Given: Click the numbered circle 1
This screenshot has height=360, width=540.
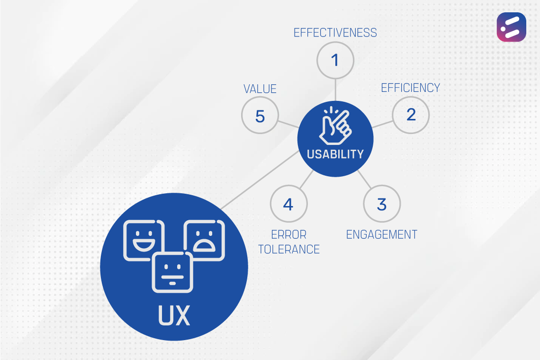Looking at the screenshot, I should tap(335, 60).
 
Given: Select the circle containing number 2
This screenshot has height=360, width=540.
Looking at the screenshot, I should tap(411, 115).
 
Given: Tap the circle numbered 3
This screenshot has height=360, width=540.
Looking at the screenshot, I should tap(382, 204).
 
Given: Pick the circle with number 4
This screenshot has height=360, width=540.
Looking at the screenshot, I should tap(288, 204).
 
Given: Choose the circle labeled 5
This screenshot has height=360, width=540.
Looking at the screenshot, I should tap(260, 116).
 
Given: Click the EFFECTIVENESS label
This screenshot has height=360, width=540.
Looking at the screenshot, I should tap(335, 33).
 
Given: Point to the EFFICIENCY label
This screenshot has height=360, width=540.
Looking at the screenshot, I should tap(411, 88).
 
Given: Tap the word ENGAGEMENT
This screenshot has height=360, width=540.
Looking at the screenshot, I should tap(382, 234).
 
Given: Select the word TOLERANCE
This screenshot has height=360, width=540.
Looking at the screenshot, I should tap(289, 249).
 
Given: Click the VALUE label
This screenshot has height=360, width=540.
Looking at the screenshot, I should tap(260, 89).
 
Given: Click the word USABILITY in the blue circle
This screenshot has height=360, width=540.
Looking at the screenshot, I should tap(335, 154).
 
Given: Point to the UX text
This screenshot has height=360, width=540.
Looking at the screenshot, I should tap(174, 315).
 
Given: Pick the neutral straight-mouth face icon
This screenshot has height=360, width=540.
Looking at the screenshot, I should tap(172, 272).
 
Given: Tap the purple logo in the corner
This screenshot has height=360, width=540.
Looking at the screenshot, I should tap(511, 27).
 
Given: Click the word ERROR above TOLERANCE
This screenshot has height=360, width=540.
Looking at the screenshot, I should tap(289, 234).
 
